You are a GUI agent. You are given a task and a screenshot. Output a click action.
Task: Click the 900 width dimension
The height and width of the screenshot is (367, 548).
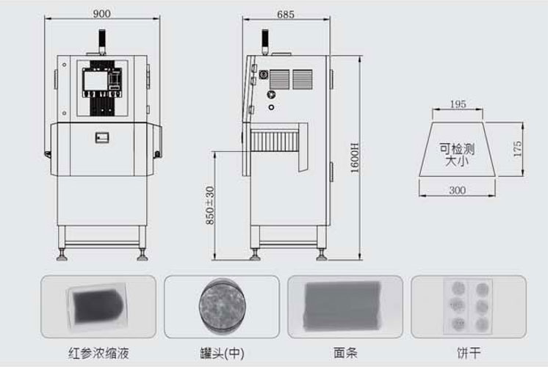(101, 14)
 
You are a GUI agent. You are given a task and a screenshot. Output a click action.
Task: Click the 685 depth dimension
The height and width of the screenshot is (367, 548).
(286, 15)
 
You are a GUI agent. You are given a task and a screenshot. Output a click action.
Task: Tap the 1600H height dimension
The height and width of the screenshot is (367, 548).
(355, 158)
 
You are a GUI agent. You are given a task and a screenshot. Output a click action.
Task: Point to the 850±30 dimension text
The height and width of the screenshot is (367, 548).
(209, 206)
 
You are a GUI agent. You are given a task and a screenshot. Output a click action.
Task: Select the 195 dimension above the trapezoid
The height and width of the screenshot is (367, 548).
(458, 104)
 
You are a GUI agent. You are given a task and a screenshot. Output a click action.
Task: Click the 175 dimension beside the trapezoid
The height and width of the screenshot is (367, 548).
(518, 149)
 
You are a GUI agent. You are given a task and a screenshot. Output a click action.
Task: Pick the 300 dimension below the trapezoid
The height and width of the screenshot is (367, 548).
(457, 190)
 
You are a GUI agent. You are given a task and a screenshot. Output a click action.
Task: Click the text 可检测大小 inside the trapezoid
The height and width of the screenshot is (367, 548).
(457, 155)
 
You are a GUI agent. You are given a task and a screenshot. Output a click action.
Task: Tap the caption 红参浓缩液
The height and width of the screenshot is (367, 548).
(98, 353)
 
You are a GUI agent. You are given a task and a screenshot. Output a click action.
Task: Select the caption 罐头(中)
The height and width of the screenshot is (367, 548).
(222, 353)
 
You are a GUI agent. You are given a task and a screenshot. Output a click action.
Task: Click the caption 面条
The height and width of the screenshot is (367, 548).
(345, 352)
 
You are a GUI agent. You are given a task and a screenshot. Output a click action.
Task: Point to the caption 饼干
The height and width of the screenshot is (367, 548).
(469, 353)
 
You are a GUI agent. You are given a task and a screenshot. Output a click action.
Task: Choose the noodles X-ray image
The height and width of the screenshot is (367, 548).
(342, 306)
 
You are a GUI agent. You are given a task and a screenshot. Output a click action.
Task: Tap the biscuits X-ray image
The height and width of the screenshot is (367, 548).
(468, 306)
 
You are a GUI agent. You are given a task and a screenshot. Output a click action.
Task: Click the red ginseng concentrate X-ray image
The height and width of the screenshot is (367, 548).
(97, 306)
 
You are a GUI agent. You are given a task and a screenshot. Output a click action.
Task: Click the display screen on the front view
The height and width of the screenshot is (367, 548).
(95, 81)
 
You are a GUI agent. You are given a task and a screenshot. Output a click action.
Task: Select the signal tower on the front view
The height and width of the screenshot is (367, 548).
(101, 42)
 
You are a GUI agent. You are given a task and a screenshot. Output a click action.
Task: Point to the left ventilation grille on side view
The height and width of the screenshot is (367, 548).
(279, 79)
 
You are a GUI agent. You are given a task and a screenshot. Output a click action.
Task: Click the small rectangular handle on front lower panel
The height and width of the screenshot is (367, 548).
(102, 137)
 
